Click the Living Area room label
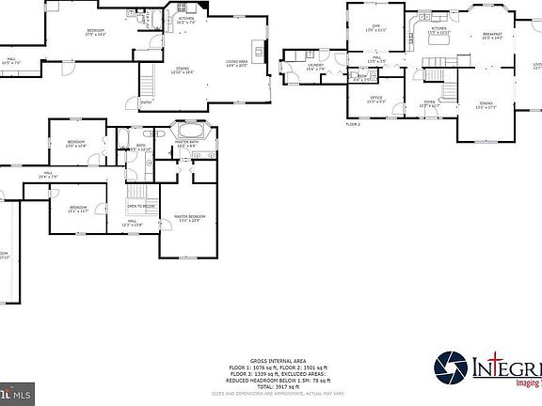236,62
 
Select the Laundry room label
315,67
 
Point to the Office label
375,99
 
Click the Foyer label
429,103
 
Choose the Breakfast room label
492,36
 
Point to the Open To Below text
141,207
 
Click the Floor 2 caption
353,123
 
